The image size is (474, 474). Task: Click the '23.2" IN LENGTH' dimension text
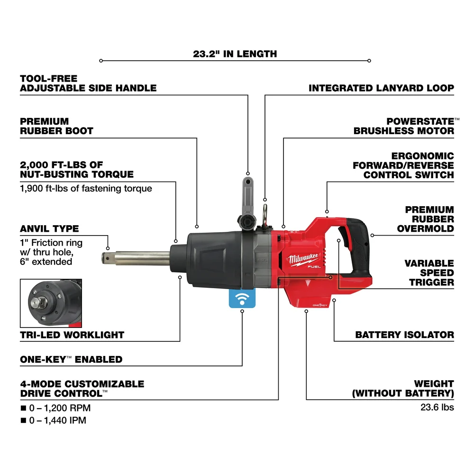235,54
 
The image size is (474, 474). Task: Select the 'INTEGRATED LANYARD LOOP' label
381,88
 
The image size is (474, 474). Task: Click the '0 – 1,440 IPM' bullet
53,420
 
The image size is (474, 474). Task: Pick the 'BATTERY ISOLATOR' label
404,335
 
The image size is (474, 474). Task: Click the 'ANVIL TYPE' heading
49,228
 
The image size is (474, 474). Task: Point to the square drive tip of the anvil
107,259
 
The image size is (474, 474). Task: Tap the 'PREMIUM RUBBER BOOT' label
56,126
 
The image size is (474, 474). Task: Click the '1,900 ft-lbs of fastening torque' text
86,188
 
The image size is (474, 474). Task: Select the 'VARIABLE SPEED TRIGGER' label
428,273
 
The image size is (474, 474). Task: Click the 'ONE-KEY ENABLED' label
71,359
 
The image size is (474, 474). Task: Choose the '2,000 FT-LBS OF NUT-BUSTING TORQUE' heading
76,169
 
